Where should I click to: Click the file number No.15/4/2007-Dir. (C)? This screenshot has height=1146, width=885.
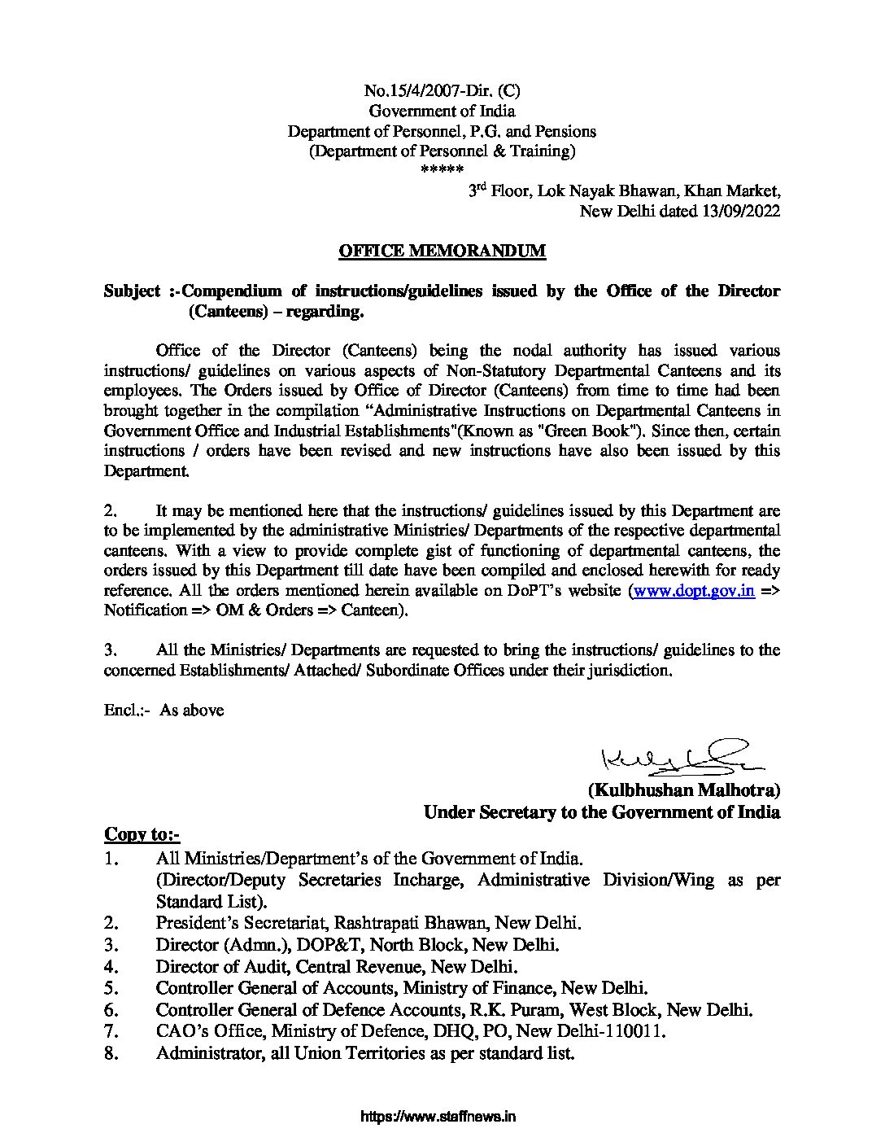[442, 91]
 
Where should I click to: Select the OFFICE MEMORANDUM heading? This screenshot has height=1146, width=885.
[442, 252]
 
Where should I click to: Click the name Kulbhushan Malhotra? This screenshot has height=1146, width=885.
[684, 790]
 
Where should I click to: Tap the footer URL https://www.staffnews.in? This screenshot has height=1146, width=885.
[438, 1117]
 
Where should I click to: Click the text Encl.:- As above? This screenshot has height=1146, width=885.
[163, 710]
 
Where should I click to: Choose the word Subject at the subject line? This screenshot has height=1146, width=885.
[132, 291]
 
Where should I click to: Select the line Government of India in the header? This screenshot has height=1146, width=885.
[442, 111]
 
